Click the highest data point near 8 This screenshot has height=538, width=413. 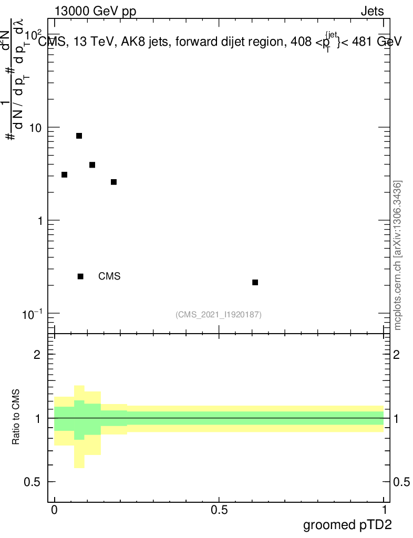(79, 136)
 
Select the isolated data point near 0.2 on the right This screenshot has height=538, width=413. (255, 283)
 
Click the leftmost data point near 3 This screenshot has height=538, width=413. (64, 175)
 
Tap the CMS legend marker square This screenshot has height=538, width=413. (80, 276)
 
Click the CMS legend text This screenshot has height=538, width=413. (109, 276)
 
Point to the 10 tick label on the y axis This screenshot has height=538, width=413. (37, 128)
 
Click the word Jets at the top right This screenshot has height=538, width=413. (372, 12)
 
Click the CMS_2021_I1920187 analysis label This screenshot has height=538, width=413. (219, 315)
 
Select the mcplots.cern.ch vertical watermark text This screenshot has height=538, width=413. (398, 255)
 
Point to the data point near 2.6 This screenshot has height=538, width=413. (113, 182)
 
